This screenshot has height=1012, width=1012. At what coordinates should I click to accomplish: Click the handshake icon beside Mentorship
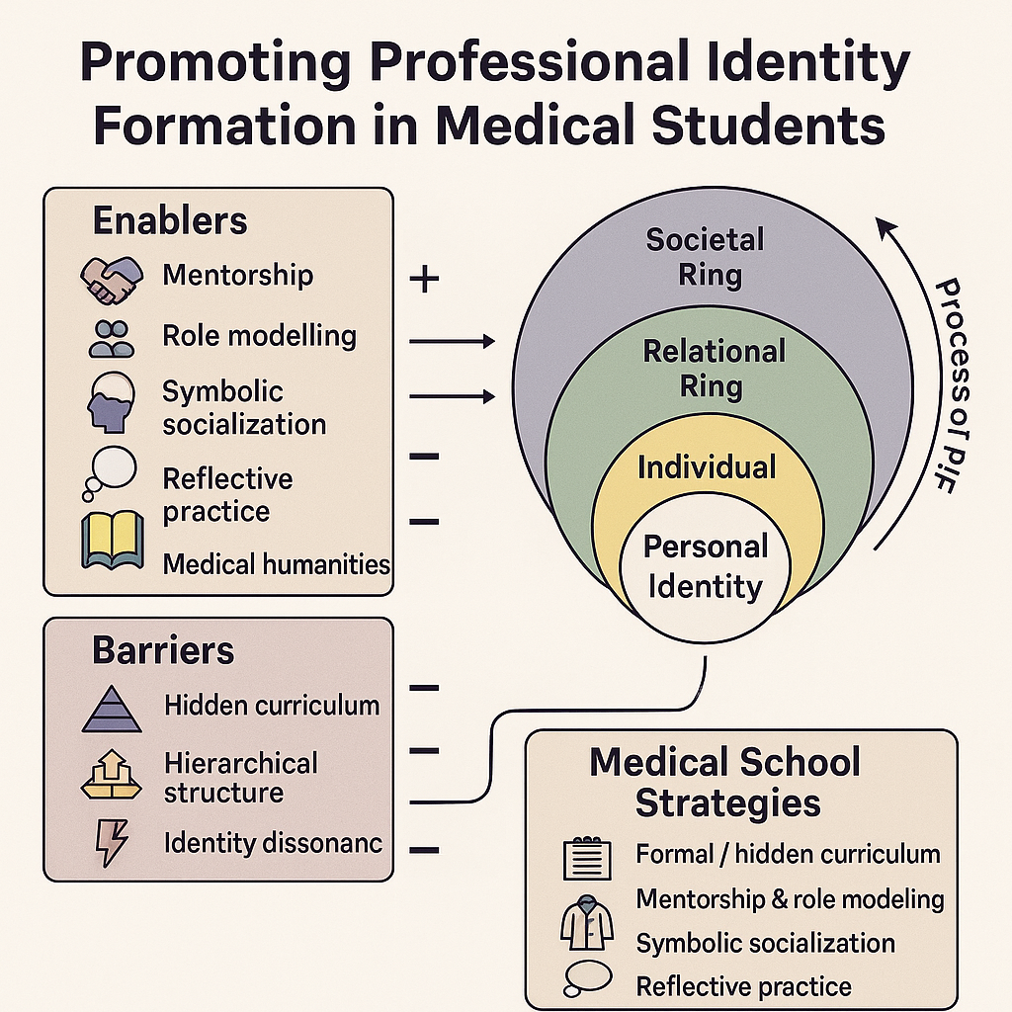click(106, 279)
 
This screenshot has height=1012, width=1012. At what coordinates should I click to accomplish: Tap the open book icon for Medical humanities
click(112, 541)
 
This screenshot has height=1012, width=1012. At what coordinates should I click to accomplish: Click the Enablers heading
click(170, 221)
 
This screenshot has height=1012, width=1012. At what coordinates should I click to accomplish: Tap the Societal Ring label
click(706, 256)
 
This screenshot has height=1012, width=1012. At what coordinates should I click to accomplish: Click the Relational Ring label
click(714, 368)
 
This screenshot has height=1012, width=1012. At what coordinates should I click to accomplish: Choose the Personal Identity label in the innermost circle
click(706, 567)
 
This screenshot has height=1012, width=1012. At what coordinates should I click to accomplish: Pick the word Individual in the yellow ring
click(707, 466)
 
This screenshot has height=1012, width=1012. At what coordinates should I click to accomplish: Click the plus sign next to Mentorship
click(424, 280)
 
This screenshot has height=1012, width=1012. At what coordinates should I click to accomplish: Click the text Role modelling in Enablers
click(259, 336)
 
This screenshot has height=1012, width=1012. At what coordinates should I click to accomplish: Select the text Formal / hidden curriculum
click(788, 853)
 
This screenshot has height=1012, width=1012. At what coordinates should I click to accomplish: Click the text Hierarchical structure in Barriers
click(240, 777)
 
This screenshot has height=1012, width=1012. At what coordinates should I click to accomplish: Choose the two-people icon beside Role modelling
click(108, 338)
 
